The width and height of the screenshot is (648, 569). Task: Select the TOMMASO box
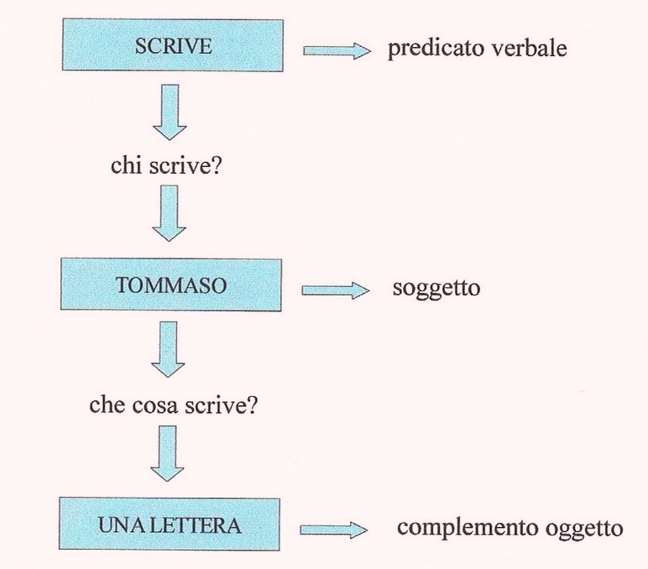click(x=170, y=285)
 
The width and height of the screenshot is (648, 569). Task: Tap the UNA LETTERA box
click(x=170, y=526)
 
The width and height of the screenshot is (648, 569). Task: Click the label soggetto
click(x=436, y=290)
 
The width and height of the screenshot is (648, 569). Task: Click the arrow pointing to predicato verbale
click(x=336, y=51)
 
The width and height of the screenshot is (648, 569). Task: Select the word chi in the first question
click(x=124, y=166)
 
